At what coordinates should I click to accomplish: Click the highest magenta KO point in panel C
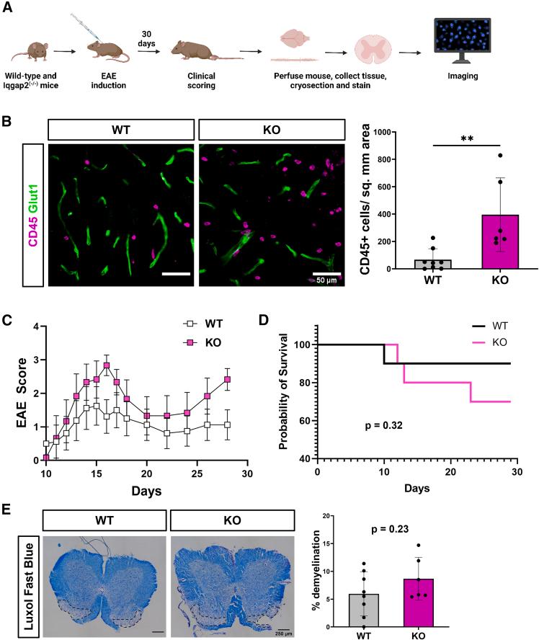106,365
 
